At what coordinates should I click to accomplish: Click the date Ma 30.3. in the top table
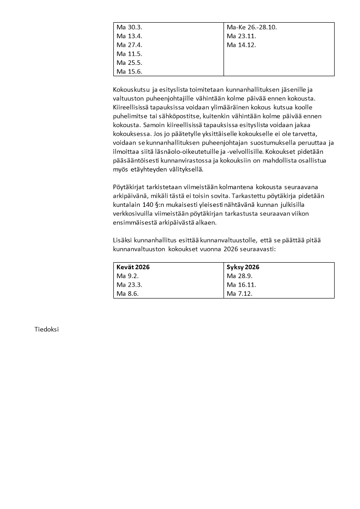pyautogui.click(x=129, y=27)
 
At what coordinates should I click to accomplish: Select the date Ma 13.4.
pyautogui.click(x=129, y=36)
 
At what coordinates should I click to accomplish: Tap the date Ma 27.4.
pyautogui.click(x=129, y=45)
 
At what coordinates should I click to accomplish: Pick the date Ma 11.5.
pyautogui.click(x=129, y=54)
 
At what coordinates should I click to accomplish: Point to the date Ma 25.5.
pyautogui.click(x=129, y=63)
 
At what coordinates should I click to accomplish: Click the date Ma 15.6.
pyautogui.click(x=129, y=71)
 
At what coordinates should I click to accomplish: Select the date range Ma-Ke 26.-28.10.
pyautogui.click(x=252, y=27)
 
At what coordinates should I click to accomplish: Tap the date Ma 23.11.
pyautogui.click(x=241, y=36)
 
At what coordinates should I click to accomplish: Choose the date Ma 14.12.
pyautogui.click(x=241, y=45)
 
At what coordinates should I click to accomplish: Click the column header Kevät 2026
pyautogui.click(x=133, y=267)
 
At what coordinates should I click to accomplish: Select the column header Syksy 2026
pyautogui.click(x=243, y=267)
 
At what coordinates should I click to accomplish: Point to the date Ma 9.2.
pyautogui.click(x=127, y=276)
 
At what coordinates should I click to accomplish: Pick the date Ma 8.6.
pyautogui.click(x=127, y=294)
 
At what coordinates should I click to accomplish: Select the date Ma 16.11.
pyautogui.click(x=241, y=285)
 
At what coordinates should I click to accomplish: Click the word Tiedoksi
pyautogui.click(x=46, y=329)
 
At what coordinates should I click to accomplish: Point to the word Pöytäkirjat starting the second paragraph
pyautogui.click(x=130, y=187)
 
